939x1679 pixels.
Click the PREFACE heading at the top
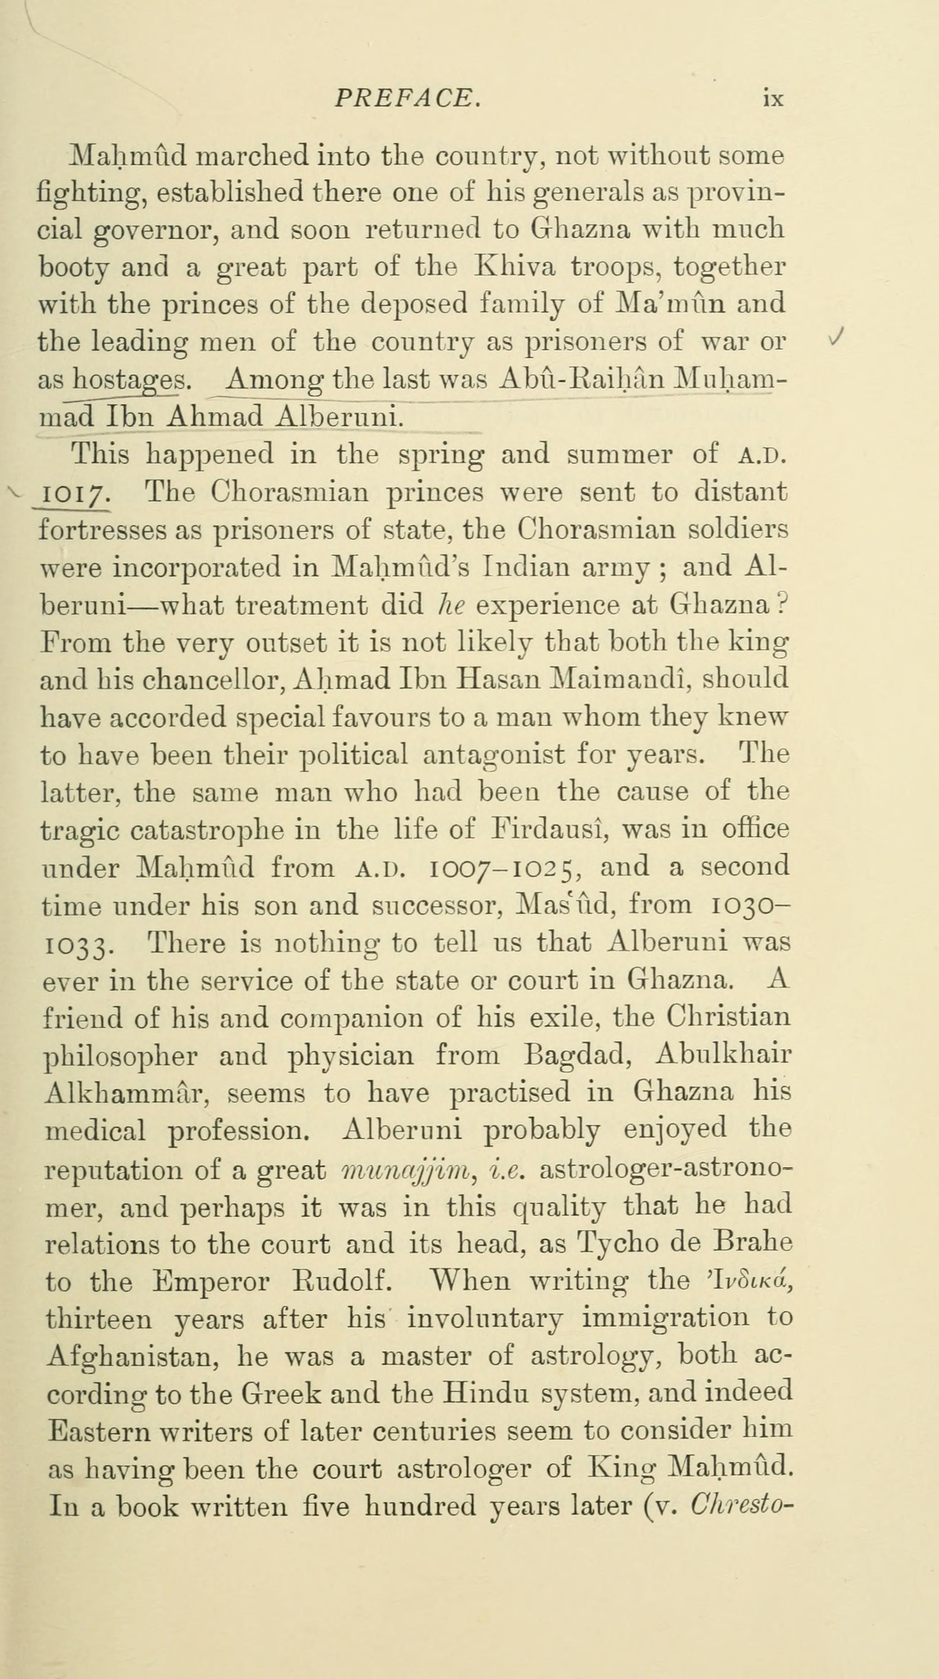407,98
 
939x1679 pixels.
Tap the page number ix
773,98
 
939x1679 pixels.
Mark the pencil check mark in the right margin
836,336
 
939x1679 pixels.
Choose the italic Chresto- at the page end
741,1508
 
